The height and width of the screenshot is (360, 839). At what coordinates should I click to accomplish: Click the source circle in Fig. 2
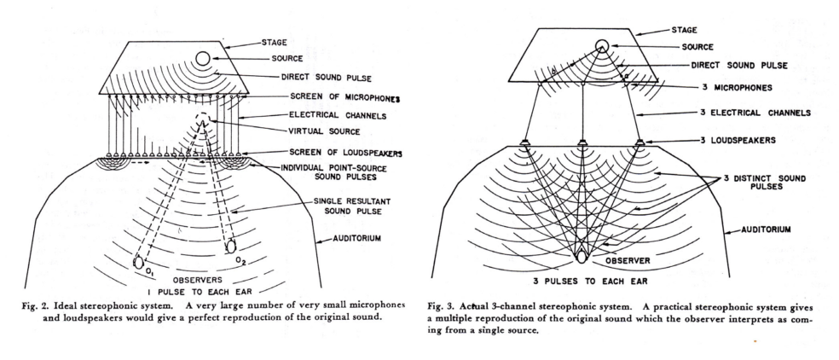pos(204,58)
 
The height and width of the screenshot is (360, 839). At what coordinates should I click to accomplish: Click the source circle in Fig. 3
pos(603,46)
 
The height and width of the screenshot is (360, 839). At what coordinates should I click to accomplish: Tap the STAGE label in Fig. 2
pos(274,43)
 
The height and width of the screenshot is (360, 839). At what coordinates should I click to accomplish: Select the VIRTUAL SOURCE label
pos(325,131)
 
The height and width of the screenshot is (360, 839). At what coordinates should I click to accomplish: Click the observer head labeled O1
pos(138,262)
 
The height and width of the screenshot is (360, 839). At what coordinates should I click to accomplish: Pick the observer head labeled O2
pos(231,247)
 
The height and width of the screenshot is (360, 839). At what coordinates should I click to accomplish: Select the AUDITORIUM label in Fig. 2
pos(358,238)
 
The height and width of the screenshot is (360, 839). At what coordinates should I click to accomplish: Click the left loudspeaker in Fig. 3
pos(525,142)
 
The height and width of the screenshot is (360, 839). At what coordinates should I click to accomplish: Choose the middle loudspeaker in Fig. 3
pos(582,142)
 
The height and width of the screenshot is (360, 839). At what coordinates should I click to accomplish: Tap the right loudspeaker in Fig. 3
pos(639,142)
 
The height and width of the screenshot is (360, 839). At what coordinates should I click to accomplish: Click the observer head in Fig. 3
pos(582,257)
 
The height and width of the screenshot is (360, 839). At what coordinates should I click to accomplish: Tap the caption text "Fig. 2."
pos(38,307)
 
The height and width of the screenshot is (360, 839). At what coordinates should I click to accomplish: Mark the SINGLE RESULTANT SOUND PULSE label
pos(353,206)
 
